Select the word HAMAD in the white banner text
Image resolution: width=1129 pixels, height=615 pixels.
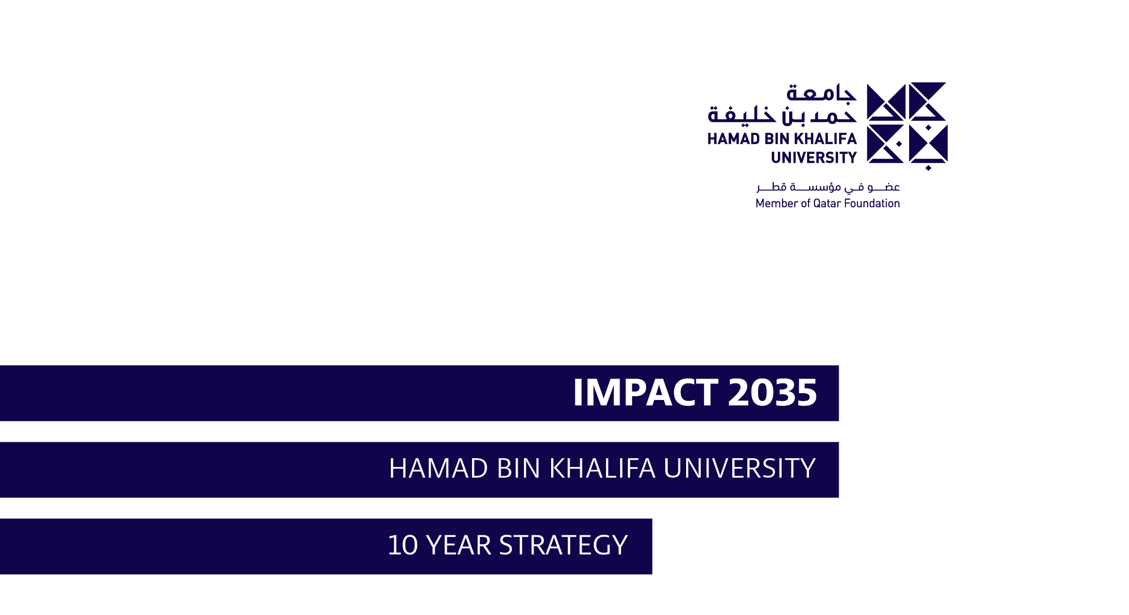(x=438, y=468)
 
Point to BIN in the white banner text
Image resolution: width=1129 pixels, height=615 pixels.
(x=519, y=468)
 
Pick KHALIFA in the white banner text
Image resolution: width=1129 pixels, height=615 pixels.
(x=602, y=468)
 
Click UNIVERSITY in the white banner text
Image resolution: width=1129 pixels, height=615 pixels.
(x=740, y=468)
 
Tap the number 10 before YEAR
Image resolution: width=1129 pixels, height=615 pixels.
(x=403, y=545)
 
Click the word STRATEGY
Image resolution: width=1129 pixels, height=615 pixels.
(x=564, y=545)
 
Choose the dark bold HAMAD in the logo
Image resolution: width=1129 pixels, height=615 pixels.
(x=733, y=139)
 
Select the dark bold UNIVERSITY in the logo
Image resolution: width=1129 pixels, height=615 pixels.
(x=814, y=158)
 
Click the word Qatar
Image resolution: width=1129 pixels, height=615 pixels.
(x=827, y=203)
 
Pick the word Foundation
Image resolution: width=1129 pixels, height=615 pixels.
(x=872, y=203)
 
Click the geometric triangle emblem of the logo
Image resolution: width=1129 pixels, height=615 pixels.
(x=907, y=126)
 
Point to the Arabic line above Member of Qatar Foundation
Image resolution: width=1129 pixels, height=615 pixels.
(x=828, y=187)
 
